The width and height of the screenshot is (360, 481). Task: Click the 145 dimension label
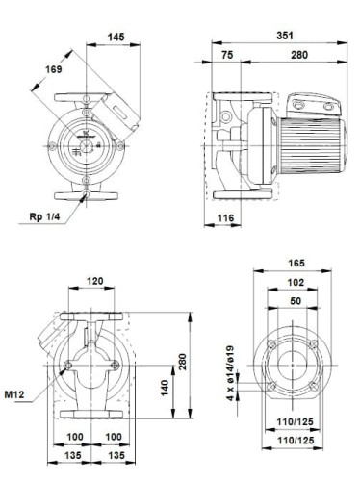116,36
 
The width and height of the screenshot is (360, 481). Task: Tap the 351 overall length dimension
285,36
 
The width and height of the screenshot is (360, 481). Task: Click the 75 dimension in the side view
227,56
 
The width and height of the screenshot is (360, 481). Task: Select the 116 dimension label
225,221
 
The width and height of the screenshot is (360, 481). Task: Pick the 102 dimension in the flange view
296,282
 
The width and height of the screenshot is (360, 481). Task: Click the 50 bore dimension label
296,302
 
